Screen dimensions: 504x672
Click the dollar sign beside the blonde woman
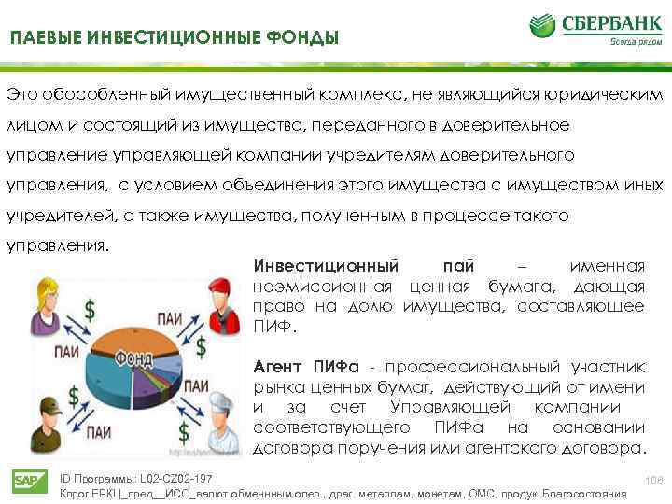pyautogui.click(x=90, y=308)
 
